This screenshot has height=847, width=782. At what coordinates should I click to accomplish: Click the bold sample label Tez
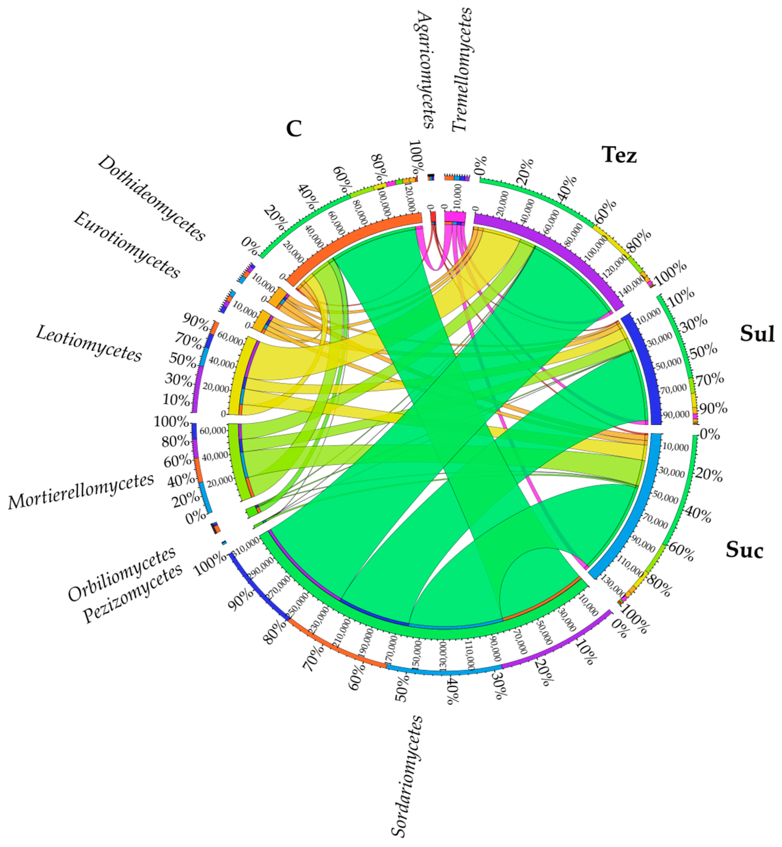click(x=619, y=155)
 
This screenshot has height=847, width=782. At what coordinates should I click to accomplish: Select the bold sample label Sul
click(x=757, y=334)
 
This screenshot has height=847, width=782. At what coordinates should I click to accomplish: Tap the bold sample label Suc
click(x=744, y=550)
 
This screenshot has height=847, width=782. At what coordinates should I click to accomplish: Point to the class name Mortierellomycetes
click(x=81, y=491)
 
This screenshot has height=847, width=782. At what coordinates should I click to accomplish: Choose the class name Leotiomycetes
click(x=89, y=343)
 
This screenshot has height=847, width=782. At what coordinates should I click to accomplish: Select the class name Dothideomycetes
click(x=152, y=198)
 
